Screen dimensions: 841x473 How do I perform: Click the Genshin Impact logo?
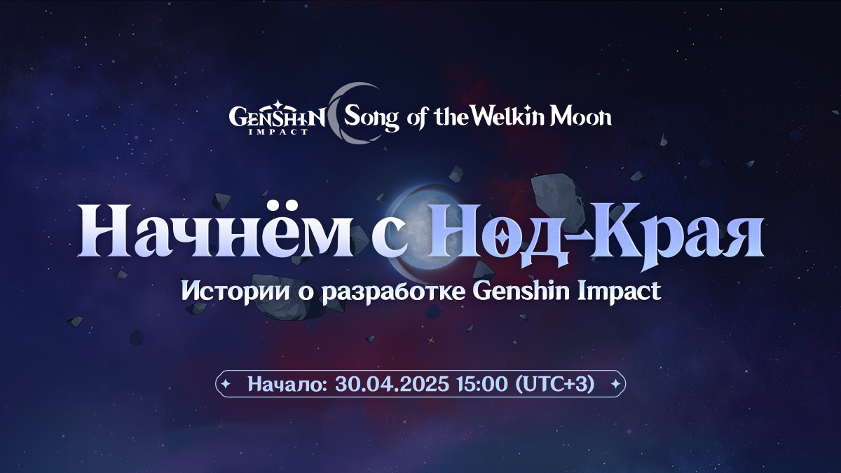(x=277, y=118)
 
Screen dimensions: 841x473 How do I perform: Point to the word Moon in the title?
(x=580, y=116)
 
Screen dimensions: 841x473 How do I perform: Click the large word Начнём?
(x=215, y=230)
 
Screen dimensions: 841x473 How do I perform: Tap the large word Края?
(x=676, y=235)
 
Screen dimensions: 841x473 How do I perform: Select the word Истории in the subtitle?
(x=235, y=291)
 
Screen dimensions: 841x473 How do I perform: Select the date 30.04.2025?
(x=392, y=384)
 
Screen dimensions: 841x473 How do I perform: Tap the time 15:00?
(x=482, y=384)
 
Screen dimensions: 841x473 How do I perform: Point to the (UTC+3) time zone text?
(x=555, y=384)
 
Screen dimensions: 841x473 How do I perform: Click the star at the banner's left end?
(x=226, y=384)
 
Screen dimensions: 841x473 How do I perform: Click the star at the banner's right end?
(x=616, y=384)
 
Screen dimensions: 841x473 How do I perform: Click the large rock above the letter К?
(x=559, y=195)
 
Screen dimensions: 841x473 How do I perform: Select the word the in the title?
(x=451, y=117)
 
